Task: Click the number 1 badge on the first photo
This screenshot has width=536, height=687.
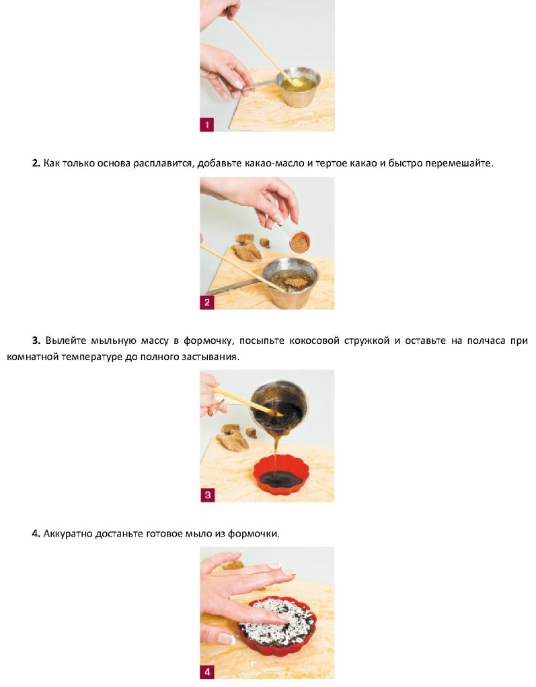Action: click(x=206, y=124)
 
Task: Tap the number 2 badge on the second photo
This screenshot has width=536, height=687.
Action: click(x=206, y=302)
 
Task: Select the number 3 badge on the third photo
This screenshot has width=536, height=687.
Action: click(x=207, y=496)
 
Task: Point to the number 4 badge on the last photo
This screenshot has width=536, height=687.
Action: click(x=207, y=672)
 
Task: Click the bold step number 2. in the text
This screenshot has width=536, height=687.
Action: click(x=36, y=163)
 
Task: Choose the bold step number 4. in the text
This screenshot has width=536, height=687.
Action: click(x=36, y=534)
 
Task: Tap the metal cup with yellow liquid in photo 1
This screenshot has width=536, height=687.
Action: click(x=299, y=87)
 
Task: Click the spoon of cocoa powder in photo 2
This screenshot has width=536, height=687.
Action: click(x=299, y=242)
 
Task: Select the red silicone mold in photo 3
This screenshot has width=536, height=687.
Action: click(x=281, y=475)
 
